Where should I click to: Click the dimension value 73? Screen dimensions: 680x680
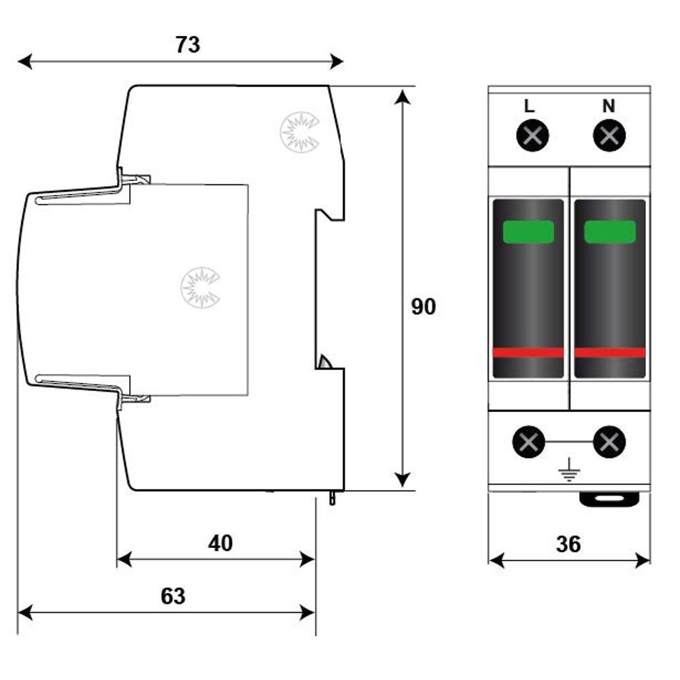188,45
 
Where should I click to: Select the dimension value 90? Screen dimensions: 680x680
423,307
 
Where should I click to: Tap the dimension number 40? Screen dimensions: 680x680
220,543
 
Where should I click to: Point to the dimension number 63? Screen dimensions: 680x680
173,596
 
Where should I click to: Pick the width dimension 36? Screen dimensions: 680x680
568,544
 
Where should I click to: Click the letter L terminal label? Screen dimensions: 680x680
529,106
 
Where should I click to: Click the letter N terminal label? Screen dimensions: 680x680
609,106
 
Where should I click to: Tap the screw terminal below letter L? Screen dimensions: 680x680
532,136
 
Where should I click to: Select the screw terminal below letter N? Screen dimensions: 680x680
609,136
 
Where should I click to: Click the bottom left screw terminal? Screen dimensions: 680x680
528,442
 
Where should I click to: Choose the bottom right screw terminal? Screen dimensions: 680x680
609,442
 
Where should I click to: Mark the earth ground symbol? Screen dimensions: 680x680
568,470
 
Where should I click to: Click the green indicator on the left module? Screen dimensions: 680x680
528,232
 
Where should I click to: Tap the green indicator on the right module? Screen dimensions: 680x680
610,232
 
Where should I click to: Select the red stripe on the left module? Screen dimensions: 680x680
528,352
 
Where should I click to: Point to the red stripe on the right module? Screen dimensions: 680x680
610,352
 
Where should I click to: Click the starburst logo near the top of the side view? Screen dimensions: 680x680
300,133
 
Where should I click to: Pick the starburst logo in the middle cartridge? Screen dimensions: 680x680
201,288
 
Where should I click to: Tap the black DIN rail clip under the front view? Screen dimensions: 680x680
609,499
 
